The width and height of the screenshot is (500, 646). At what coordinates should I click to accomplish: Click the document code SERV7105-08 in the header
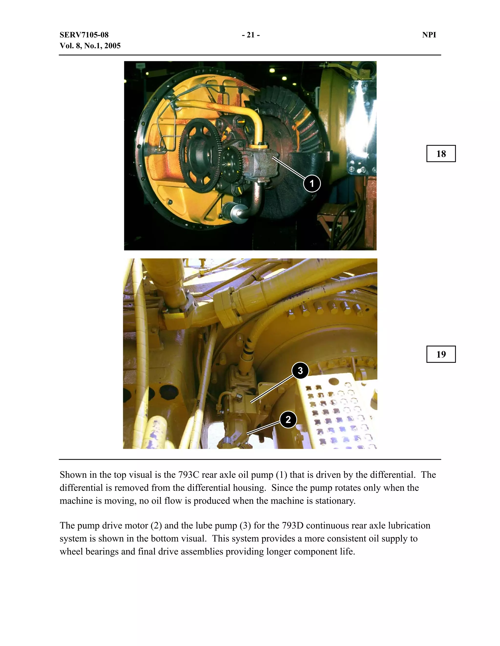[84, 35]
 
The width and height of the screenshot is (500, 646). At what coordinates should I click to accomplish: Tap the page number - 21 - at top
[250, 35]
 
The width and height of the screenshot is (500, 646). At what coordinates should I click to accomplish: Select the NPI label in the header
[429, 35]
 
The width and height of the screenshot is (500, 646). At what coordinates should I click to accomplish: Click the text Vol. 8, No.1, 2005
[90, 46]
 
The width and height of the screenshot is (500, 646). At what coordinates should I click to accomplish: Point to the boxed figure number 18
[441, 154]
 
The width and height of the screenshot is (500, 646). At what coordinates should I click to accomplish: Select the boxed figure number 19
[441, 354]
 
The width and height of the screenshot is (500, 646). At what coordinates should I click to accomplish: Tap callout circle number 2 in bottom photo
[288, 420]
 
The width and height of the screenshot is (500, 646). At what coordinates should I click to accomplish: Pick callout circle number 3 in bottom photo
[300, 371]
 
